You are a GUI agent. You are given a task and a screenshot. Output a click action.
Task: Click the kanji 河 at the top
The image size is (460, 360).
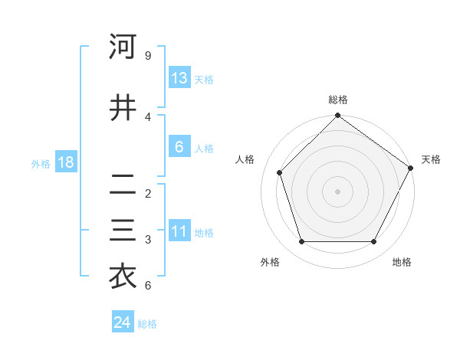coord(123,47)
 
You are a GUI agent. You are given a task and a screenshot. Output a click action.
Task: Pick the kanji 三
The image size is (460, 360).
coord(123,231)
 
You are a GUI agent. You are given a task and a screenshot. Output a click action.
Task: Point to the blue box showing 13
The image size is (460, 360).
coord(179,78)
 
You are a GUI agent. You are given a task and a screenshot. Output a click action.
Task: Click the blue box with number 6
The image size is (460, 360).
coord(179,147)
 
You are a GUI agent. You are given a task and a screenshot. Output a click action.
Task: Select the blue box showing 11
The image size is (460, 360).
coord(179,231)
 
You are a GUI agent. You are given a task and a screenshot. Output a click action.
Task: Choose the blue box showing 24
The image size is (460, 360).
coord(122,322)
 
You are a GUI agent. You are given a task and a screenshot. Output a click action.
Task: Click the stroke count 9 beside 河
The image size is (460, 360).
coord(147,56)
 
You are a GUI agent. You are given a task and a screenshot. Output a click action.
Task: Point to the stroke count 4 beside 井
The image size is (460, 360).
coord(147,117)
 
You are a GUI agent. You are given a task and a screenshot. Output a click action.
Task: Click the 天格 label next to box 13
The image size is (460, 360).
coord(204,80)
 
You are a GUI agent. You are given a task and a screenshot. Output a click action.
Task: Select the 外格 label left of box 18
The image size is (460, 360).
coord(41,163)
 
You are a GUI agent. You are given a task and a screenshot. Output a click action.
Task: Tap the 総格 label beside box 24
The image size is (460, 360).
coord(147,324)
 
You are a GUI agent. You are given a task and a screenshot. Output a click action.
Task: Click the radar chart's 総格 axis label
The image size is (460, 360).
coord(337,100)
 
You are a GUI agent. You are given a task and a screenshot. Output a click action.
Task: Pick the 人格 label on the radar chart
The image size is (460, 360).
coord(246,159)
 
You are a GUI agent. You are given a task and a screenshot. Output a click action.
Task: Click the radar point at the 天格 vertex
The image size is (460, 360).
coord(410,169)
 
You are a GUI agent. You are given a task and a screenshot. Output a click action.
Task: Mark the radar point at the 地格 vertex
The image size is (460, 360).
coord(374,242)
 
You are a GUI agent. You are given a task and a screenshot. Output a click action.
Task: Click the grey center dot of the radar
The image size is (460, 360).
coord(337,191)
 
